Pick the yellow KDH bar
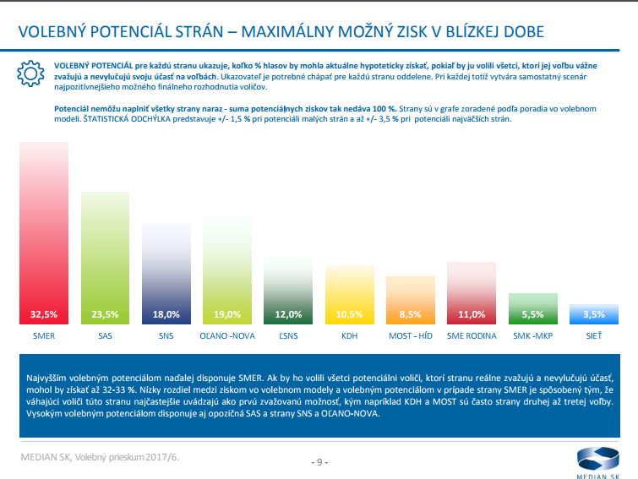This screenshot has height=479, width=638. click(349, 291)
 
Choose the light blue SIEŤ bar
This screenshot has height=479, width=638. click(593, 314)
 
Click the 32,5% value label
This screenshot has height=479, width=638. click(44, 314)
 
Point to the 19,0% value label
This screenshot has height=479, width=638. click(227, 314)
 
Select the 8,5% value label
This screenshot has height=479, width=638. click(410, 314)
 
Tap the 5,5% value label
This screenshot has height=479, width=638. click(532, 314)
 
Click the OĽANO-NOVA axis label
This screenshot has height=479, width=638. click(227, 335)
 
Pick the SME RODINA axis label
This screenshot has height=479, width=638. click(471, 335)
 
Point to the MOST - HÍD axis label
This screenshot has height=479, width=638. click(410, 335)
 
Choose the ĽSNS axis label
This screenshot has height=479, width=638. click(288, 335)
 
